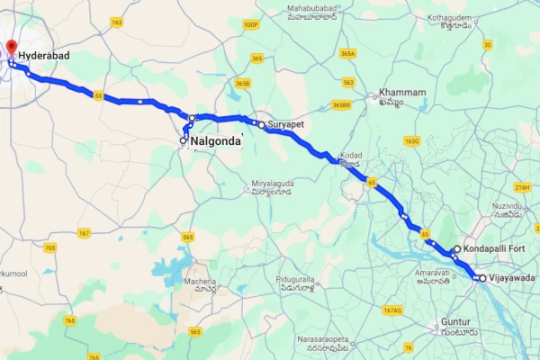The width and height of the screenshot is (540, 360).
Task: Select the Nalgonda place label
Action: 216,140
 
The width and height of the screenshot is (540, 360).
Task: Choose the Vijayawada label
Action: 511,278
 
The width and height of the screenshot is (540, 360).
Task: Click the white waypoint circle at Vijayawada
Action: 481,278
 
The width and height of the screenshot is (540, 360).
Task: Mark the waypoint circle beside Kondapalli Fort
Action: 457,248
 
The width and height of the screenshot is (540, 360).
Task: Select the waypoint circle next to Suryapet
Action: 261,125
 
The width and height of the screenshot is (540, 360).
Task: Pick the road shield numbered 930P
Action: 251,25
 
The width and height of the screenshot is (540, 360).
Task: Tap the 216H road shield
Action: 522,187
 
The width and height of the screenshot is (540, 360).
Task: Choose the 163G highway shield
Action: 412,140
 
